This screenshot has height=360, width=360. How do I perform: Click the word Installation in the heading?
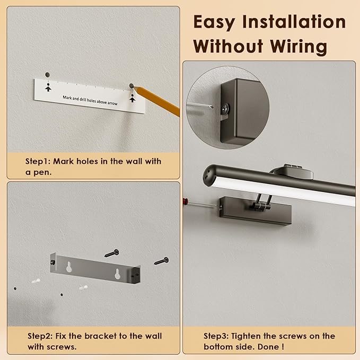294,22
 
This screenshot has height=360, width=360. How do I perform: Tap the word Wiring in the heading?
298,46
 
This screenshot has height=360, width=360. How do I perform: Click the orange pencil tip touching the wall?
134,87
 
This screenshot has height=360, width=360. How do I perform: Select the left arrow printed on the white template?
48,87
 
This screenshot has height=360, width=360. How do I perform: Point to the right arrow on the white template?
132,98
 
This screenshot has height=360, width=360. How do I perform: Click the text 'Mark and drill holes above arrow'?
90,100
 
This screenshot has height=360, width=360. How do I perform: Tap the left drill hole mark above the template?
47,75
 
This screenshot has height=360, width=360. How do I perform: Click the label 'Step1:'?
38,161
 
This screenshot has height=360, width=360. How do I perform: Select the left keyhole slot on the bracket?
69,267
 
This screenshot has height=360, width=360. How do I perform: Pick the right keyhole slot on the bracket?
117,274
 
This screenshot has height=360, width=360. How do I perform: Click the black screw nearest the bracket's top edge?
112,253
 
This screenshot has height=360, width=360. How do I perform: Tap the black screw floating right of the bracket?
161,261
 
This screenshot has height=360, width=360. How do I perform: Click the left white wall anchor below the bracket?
36,281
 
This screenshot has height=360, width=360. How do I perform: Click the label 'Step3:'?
216,336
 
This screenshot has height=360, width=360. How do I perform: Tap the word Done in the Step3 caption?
268,347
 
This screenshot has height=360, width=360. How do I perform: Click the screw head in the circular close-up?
226,108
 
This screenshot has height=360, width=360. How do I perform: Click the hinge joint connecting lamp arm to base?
260,205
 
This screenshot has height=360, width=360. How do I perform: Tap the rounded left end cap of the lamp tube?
208,175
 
